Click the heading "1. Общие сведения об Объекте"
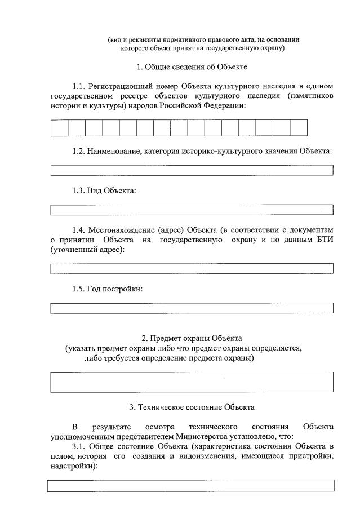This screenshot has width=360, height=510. tap(192, 67)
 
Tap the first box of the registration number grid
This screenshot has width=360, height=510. tap(59, 128)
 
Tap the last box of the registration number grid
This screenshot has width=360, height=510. tap(299, 128)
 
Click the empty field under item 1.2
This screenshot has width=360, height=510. tap(192, 170)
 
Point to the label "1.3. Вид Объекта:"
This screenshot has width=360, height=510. tap(104, 190)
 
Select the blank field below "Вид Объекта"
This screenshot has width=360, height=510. tap(192, 210)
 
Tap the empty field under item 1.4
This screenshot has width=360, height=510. tap(192, 269)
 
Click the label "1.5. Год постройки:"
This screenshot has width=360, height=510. tap(107, 289)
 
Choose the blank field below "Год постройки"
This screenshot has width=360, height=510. tap(192, 308)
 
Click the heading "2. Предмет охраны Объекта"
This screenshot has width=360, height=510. tap(192, 338)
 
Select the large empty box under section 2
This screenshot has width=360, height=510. tap(192, 382)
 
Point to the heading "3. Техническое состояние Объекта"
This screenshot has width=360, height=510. tap(192, 407)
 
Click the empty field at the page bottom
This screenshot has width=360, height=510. tap(191, 486)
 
